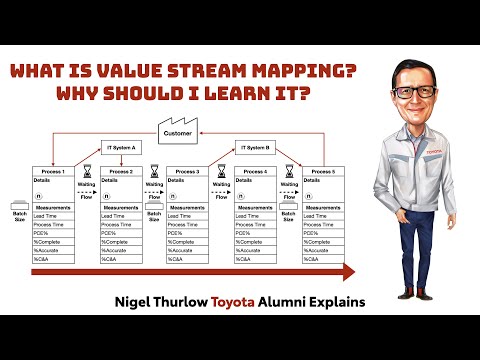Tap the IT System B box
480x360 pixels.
point(255,146)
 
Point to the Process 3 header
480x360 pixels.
point(187,171)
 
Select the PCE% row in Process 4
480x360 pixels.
point(250,232)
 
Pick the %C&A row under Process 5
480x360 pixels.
point(315,258)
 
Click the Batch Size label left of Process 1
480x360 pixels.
point(19,213)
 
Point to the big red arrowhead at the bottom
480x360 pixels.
point(347,272)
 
